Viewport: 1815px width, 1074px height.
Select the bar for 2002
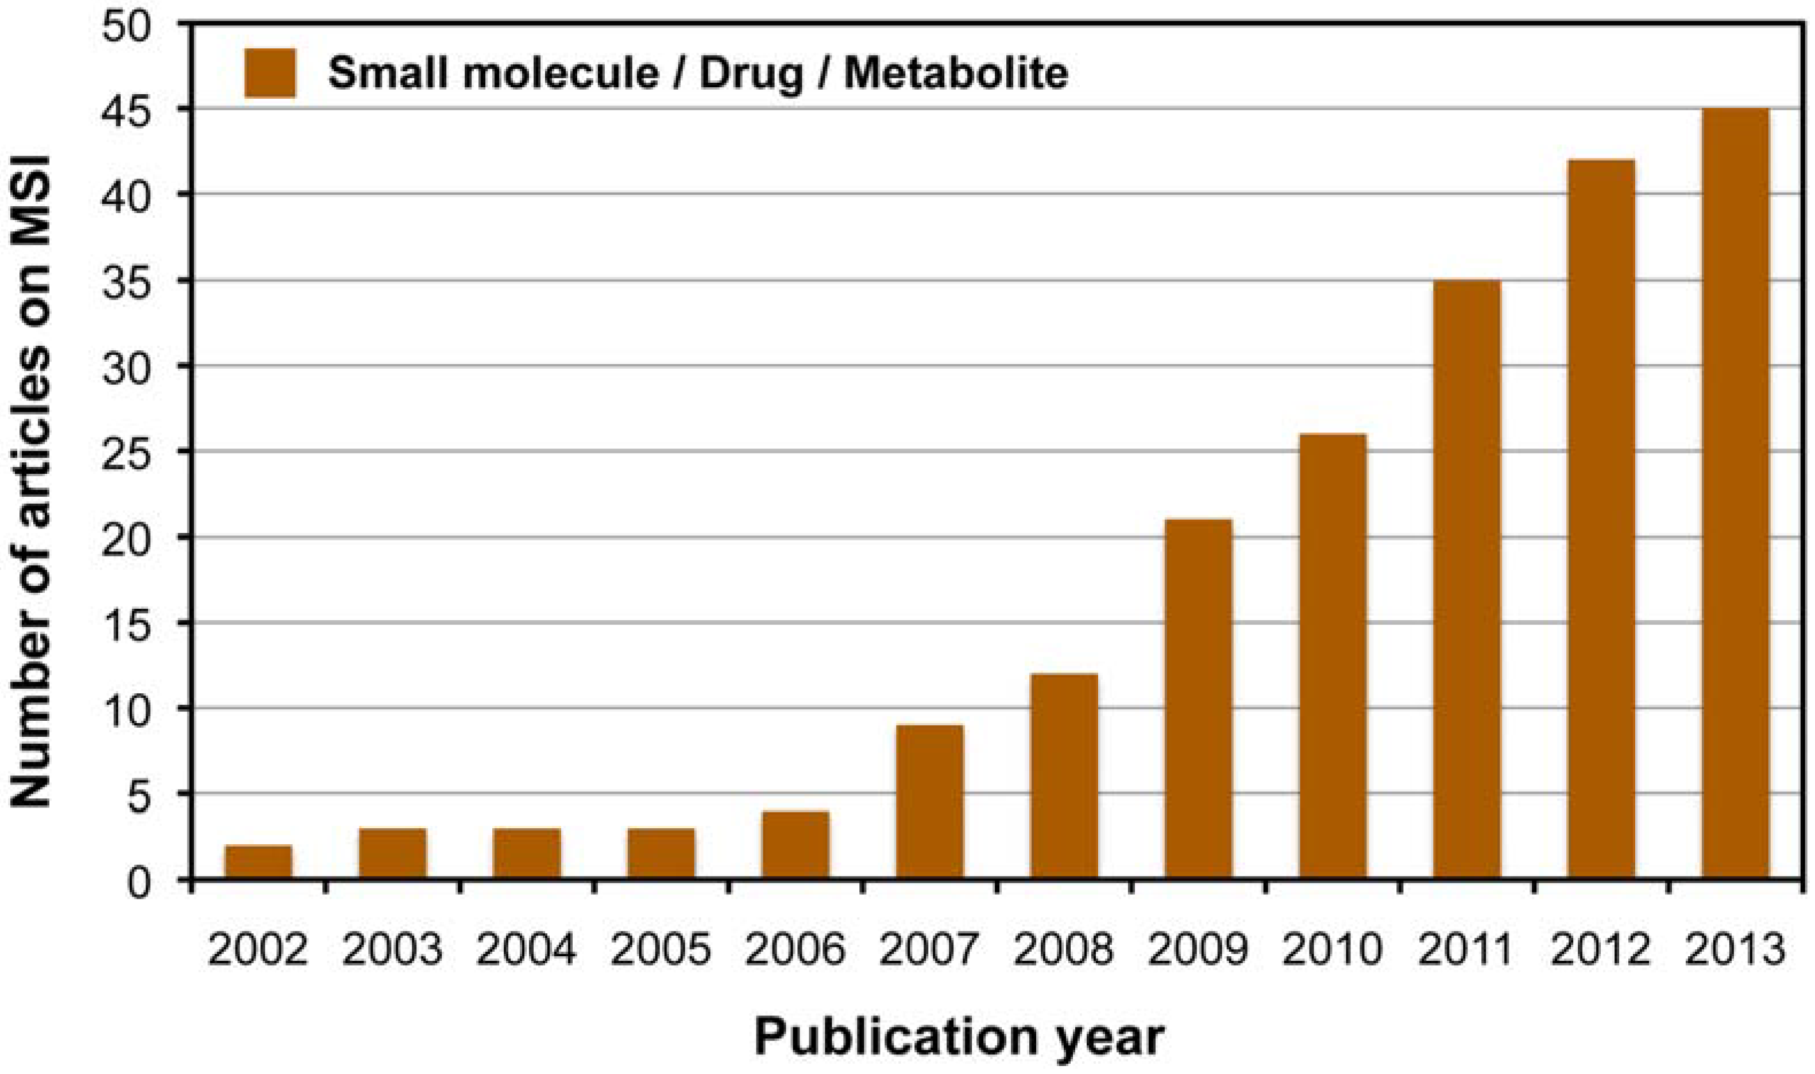[x=258, y=862]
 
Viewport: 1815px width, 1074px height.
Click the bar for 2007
[x=930, y=802]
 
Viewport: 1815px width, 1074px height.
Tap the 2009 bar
[x=1199, y=699]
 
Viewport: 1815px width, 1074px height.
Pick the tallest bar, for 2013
[x=1735, y=493]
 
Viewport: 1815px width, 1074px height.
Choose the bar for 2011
[x=1467, y=579]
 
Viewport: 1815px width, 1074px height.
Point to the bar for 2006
[x=795, y=845]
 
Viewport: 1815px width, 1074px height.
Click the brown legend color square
[x=270, y=73]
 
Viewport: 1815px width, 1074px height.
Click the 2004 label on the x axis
[x=526, y=949]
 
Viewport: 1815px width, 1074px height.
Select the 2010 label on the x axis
[x=1333, y=949]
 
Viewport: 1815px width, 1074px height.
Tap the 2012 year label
[x=1600, y=949]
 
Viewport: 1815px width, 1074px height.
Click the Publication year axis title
[x=960, y=1037]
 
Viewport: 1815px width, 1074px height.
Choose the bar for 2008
[x=1064, y=776]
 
